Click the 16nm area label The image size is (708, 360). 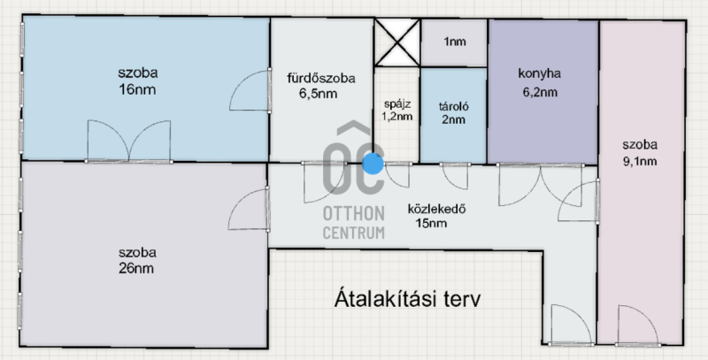[x=137, y=89]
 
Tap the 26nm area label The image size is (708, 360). [x=136, y=268]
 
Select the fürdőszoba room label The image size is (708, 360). [x=321, y=79]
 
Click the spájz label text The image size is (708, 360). [x=397, y=103]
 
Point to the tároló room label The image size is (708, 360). [x=454, y=107]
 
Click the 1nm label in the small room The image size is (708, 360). [x=455, y=42]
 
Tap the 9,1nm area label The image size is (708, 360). [x=640, y=162]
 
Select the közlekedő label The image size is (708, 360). [x=436, y=210]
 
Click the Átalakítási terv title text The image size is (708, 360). [x=407, y=300]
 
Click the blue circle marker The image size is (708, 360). [x=373, y=164]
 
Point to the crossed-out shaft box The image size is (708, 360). [x=397, y=42]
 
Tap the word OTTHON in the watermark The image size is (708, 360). [x=353, y=213]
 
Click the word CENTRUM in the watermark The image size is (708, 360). [x=353, y=233]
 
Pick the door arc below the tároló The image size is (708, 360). [x=455, y=176]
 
